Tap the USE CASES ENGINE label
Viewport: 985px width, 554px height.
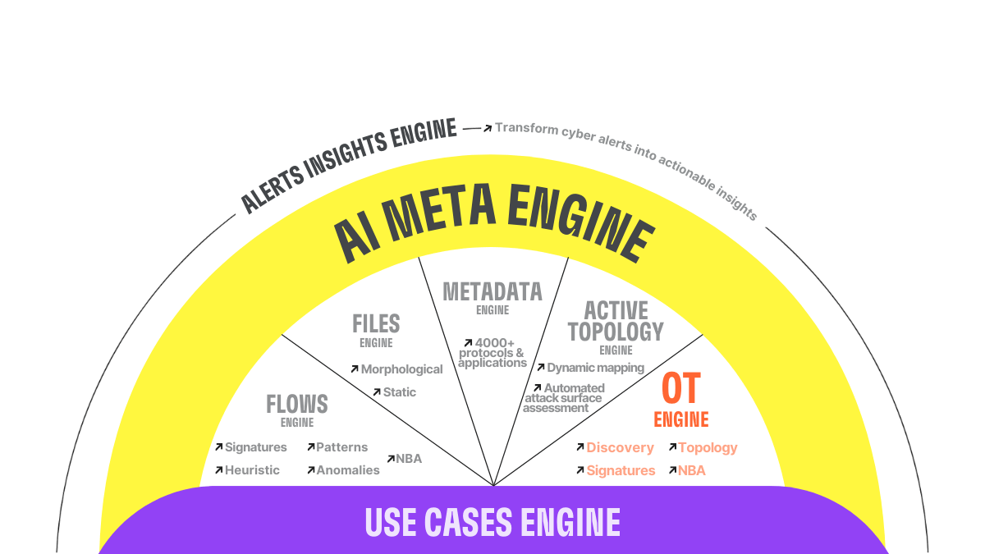[492, 522]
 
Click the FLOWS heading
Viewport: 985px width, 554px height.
[297, 404]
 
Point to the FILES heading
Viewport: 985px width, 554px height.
[376, 323]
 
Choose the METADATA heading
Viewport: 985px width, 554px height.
[492, 291]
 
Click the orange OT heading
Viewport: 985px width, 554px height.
[681, 390]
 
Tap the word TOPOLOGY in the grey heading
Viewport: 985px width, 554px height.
[616, 332]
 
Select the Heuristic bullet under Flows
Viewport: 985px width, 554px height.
[252, 470]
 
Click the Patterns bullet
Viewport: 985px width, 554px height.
[341, 447]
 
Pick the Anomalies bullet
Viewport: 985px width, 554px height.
[348, 470]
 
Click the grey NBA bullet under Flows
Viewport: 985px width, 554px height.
[409, 459]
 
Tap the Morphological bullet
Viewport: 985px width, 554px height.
[401, 369]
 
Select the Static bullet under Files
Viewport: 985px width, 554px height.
[399, 392]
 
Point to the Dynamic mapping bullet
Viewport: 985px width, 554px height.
[595, 368]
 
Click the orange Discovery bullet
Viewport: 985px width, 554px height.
[620, 447]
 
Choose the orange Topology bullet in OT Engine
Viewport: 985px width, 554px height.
[708, 447]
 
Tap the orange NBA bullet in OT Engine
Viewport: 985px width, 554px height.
[691, 470]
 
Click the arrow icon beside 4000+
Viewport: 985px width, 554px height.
[468, 342]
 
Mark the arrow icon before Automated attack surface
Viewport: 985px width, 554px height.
[538, 388]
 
